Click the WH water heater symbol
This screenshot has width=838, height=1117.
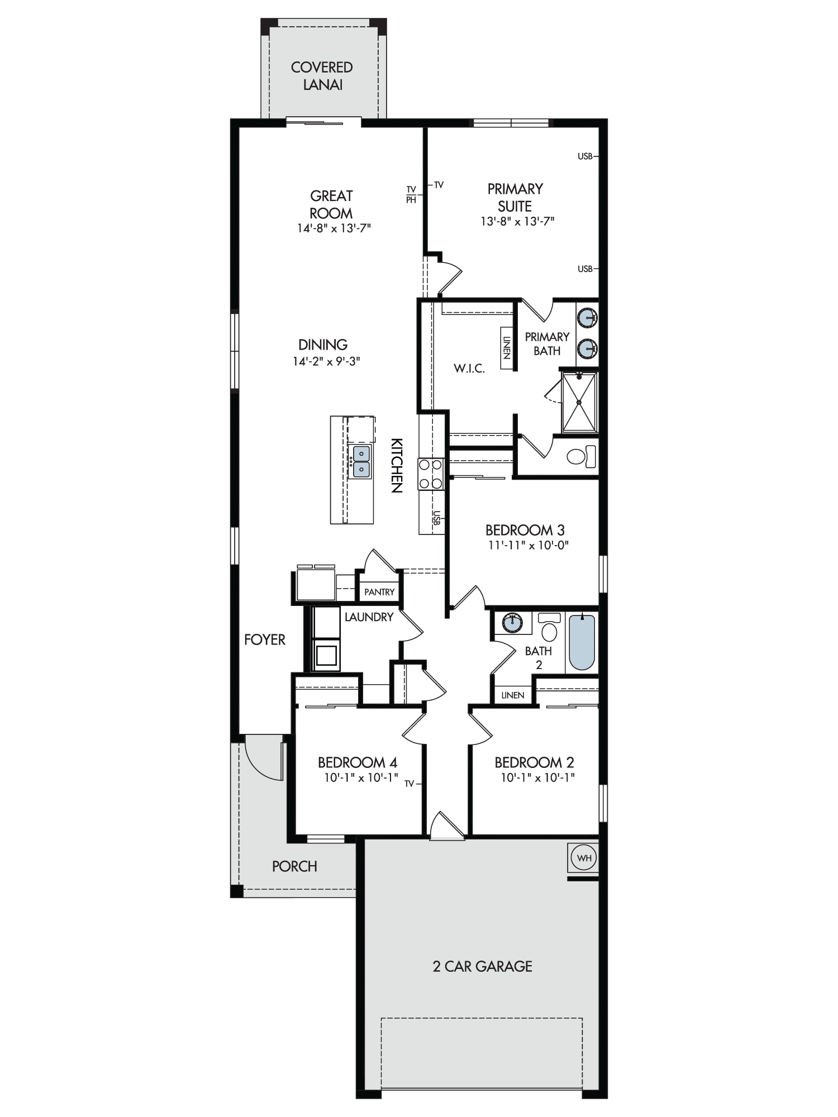(x=584, y=857)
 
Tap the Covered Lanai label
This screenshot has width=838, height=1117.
(x=322, y=76)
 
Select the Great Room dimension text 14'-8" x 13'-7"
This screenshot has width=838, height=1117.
(x=334, y=228)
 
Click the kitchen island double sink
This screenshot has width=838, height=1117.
(x=361, y=461)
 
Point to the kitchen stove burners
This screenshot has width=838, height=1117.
(x=431, y=474)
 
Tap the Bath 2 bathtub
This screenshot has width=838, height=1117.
(x=582, y=642)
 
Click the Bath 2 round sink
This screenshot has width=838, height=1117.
(x=512, y=622)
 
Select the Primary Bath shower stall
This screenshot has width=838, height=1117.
(x=579, y=402)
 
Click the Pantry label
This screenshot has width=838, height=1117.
(x=379, y=592)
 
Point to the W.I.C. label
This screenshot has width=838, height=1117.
(x=469, y=369)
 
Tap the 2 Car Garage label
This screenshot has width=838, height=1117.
(x=482, y=966)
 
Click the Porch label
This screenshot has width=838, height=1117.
(x=294, y=866)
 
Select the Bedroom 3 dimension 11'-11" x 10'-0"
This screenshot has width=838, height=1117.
(x=528, y=545)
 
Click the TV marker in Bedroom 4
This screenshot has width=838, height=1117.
(x=410, y=784)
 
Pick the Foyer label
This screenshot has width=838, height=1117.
(x=265, y=639)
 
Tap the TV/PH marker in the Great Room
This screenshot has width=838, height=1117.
(x=411, y=194)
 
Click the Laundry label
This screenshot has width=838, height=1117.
(x=369, y=617)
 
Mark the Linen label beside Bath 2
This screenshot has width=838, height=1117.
(x=513, y=695)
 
